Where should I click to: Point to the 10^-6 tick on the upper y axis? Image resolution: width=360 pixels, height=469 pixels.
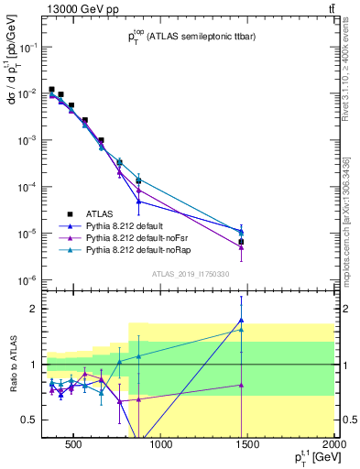point(27,280)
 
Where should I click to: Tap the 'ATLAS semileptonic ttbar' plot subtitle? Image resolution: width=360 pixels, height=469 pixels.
point(189,38)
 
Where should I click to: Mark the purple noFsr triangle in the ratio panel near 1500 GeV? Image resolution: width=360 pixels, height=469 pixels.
point(241,385)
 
